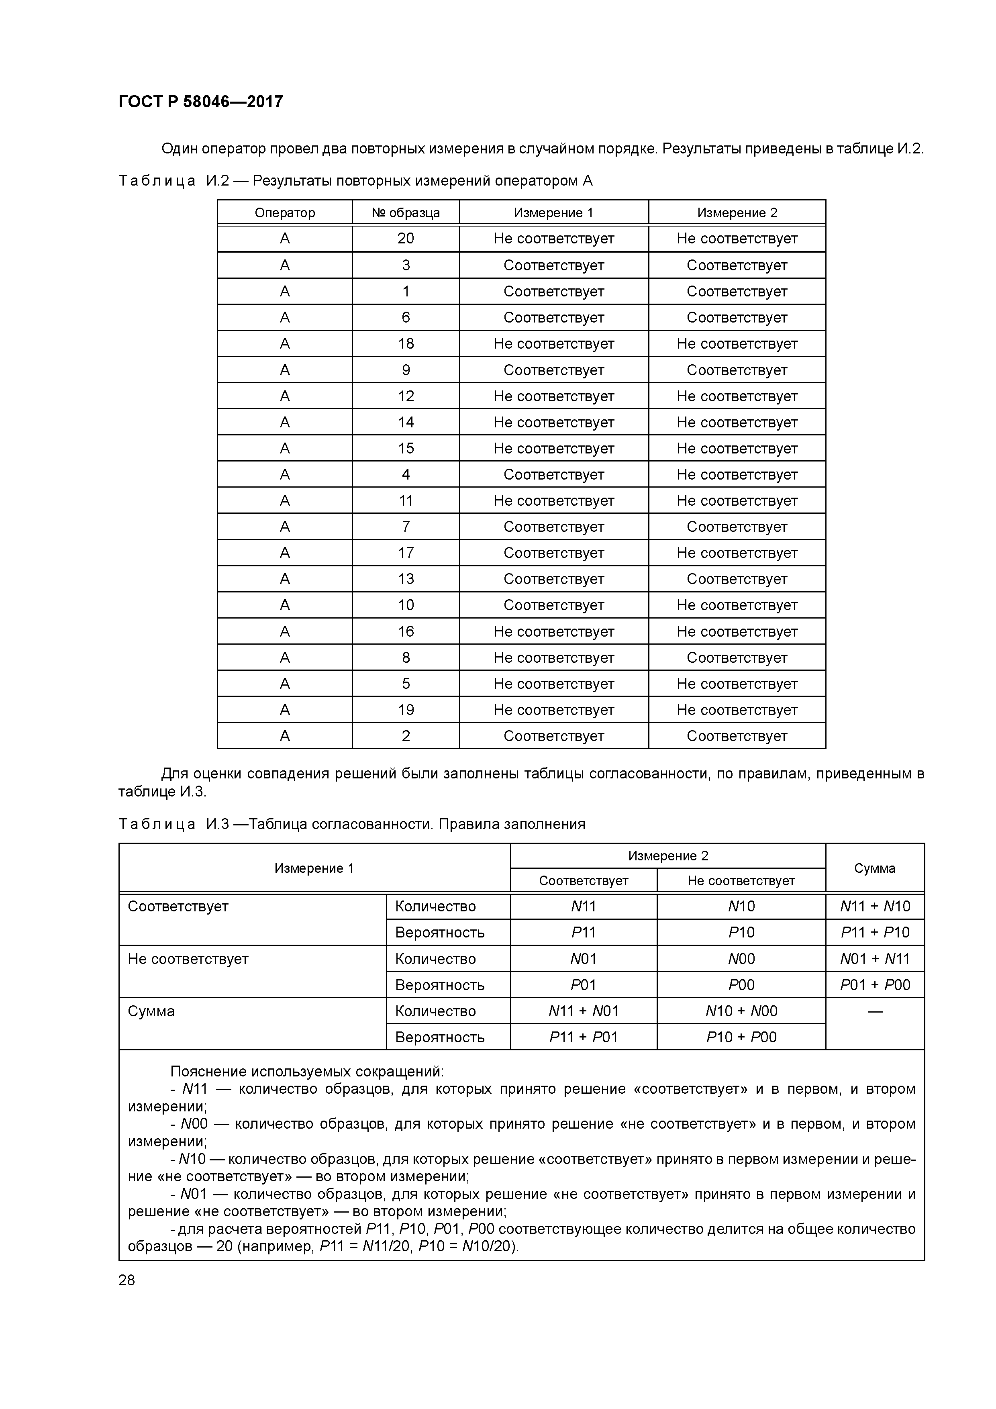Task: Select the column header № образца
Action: coord(406,212)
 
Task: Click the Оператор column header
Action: coord(285,212)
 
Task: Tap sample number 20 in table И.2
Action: coord(406,239)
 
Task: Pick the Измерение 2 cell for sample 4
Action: coord(737,474)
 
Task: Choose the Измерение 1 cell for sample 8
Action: coord(553,657)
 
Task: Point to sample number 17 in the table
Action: coord(406,553)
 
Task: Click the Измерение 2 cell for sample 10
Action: coord(737,605)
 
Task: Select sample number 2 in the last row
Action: coord(406,736)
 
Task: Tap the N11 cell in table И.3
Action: coord(583,907)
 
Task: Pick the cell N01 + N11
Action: coord(874,959)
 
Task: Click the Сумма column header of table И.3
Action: coord(874,868)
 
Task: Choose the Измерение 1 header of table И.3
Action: coord(314,868)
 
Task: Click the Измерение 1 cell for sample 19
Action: coord(553,710)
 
